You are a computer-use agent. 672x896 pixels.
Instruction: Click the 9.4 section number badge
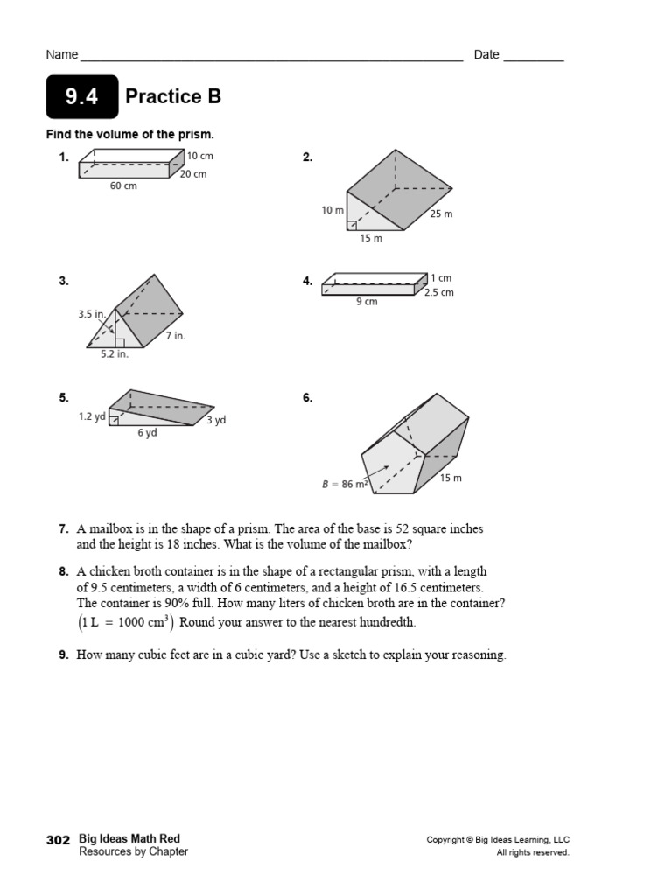81,97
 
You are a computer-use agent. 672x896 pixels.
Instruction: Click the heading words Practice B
173,96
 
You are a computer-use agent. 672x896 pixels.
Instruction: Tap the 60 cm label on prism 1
123,185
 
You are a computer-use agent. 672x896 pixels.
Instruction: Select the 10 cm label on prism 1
200,156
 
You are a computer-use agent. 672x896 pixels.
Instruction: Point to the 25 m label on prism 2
441,213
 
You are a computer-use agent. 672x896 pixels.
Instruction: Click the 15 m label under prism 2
371,238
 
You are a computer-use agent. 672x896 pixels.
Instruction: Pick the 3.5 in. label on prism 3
91,312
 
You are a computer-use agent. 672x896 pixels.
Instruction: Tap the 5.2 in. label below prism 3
114,353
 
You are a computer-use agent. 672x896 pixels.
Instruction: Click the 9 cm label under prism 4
367,302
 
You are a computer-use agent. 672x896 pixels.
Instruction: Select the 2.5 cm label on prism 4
439,292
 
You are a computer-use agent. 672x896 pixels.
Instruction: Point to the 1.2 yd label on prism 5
92,417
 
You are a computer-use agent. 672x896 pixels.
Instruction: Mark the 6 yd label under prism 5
147,433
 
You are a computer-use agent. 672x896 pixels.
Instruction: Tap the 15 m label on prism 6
451,478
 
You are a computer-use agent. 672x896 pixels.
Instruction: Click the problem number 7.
63,529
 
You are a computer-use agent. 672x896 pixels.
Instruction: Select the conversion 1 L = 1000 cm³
125,622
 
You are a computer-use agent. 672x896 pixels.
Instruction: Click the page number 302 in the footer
58,839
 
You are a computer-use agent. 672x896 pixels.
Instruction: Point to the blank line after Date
534,58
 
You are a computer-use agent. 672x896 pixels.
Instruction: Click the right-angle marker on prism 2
351,226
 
